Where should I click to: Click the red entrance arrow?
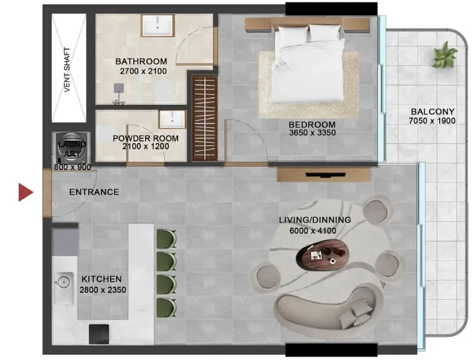click(x=26, y=192)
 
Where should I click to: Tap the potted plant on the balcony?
click(x=445, y=55)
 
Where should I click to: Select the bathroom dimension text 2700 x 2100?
click(x=143, y=71)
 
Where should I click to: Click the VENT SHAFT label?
click(x=67, y=70)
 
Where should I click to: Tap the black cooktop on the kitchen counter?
click(x=99, y=334)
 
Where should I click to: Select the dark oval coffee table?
click(x=323, y=254)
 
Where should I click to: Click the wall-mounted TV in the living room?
click(x=326, y=175)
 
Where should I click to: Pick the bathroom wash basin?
click(x=157, y=26)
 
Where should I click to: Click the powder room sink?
click(x=172, y=119)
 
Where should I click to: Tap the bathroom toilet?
click(x=164, y=90)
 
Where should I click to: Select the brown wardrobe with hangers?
click(x=205, y=119)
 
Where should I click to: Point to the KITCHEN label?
click(x=101, y=279)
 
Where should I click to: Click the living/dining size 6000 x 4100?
click(x=313, y=231)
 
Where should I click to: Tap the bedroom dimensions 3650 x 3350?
click(x=312, y=133)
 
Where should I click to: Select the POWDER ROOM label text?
click(x=146, y=139)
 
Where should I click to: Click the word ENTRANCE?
click(x=94, y=192)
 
